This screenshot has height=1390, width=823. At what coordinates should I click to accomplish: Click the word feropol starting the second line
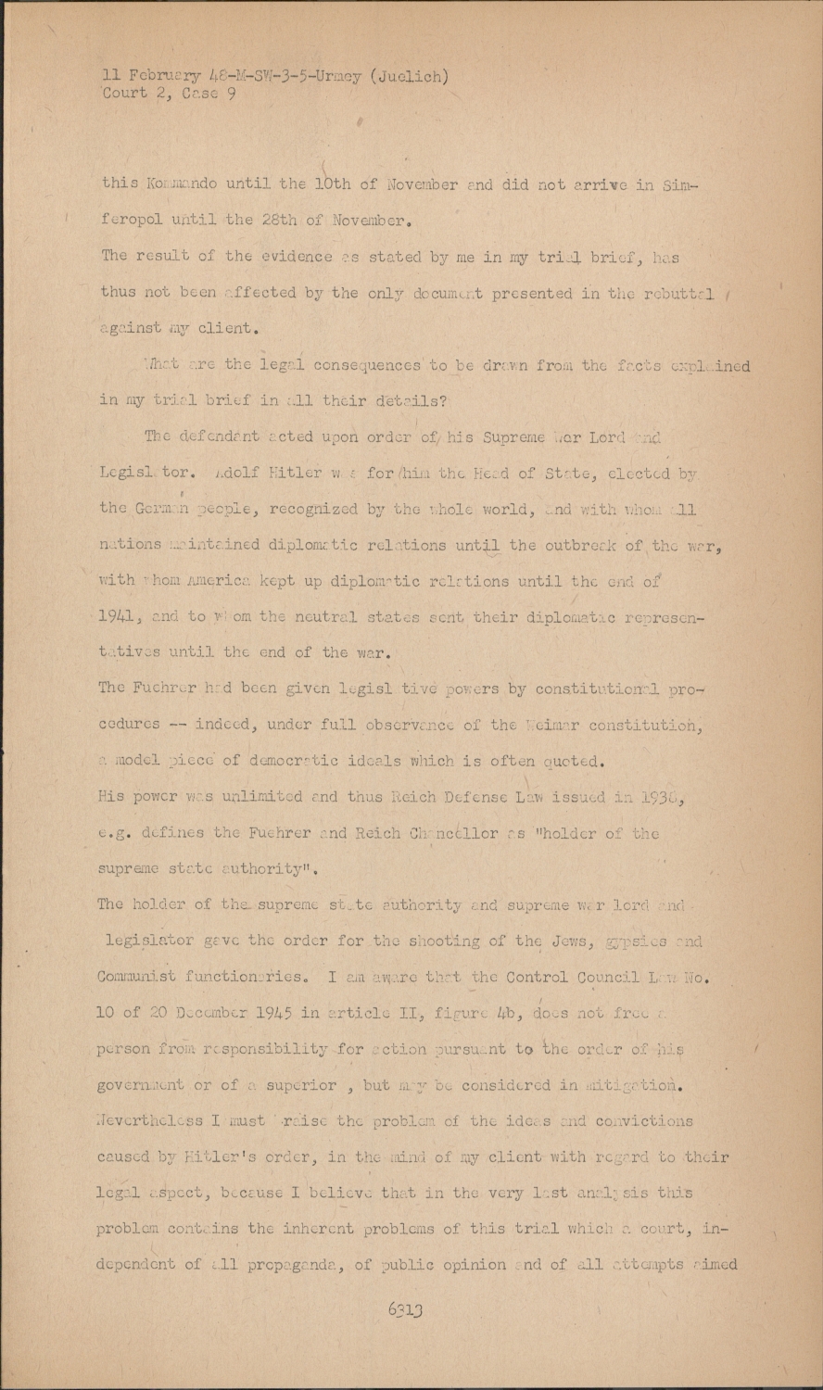click(x=133, y=222)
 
